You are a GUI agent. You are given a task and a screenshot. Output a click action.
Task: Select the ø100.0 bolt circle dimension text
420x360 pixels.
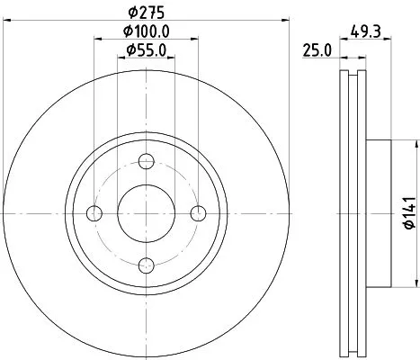tap(146, 34)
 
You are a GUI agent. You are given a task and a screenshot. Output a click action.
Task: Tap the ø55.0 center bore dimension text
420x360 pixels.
tap(146, 51)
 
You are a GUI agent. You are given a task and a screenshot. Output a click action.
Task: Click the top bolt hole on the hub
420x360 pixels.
tap(147, 161)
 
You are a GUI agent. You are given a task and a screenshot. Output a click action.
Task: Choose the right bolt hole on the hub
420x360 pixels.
tap(199, 212)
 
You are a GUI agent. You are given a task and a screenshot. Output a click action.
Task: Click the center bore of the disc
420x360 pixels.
tap(147, 212)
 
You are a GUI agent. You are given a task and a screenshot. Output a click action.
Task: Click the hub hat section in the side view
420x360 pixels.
tap(378, 212)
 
